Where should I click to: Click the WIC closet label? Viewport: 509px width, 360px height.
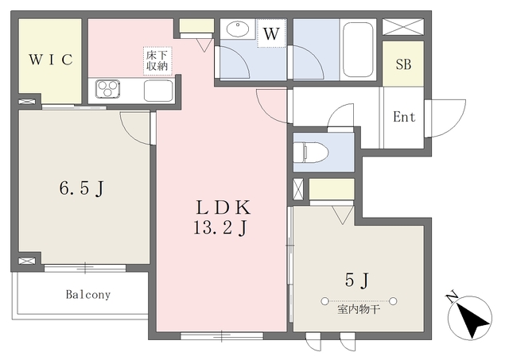click(51, 60)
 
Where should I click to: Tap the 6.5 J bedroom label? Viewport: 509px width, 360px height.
click(81, 188)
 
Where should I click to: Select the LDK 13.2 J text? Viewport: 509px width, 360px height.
click(223, 217)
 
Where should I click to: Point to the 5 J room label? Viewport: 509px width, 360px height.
click(357, 280)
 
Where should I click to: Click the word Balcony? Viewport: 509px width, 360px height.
click(88, 295)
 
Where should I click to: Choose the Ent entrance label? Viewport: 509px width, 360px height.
click(404, 117)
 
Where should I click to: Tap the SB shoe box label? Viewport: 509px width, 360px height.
click(403, 64)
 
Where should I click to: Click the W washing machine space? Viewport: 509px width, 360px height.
click(271, 33)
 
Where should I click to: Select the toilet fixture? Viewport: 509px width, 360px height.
click(311, 152)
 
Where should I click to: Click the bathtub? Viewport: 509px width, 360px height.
click(358, 49)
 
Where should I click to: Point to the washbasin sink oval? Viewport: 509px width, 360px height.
click(238, 29)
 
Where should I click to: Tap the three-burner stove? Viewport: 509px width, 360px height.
click(108, 89)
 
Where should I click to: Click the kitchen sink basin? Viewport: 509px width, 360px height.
click(158, 91)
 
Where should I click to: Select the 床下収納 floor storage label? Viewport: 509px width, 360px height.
click(157, 61)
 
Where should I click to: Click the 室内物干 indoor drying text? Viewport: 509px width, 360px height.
click(359, 309)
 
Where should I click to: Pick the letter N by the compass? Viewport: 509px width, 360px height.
click(452, 296)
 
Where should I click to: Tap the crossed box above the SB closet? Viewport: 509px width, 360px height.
click(403, 26)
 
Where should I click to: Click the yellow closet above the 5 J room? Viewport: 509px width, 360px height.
click(332, 189)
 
